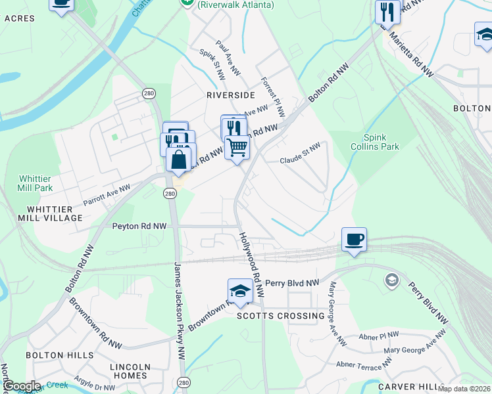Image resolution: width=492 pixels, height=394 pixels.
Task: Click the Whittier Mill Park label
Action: coord(36,183)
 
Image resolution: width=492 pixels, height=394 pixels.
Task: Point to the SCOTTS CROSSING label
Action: coord(280,316)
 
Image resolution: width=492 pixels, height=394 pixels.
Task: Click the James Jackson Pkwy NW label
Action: coord(179,310)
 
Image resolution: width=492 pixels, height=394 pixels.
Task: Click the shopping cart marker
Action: coord(237,147)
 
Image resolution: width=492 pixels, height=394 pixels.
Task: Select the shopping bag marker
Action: coord(179,158)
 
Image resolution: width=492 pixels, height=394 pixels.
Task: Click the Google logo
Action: coord(22,386)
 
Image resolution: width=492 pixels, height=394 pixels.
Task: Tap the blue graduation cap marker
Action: coord(240,291)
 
